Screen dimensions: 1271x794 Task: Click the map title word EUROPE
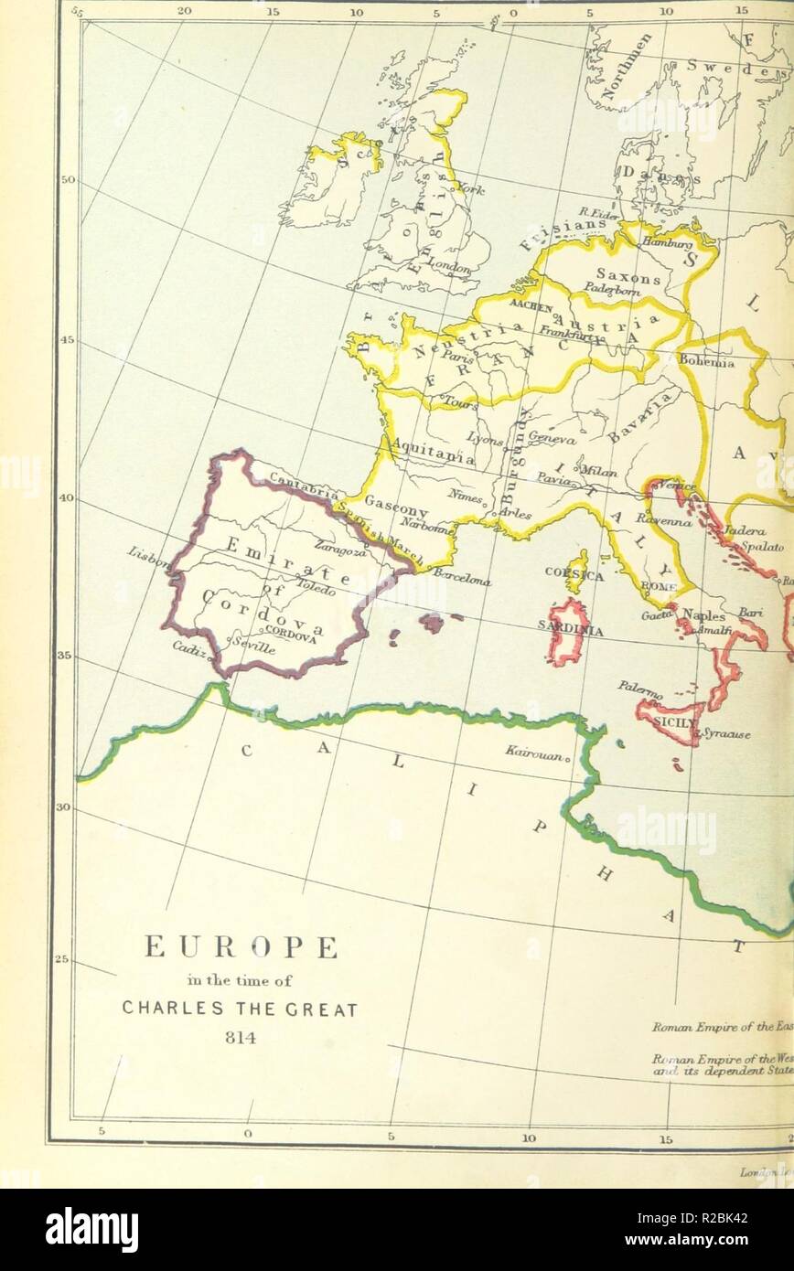(241, 947)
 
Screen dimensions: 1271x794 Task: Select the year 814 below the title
(241, 1038)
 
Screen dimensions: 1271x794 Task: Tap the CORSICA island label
(574, 574)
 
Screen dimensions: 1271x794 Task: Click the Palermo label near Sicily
(639, 690)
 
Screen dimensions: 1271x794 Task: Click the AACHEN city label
(531, 306)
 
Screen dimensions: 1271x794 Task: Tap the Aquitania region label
(432, 451)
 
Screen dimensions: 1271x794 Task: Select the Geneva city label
(553, 439)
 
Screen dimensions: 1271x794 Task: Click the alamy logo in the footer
(91, 1229)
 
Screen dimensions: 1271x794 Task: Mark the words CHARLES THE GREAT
(241, 1009)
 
